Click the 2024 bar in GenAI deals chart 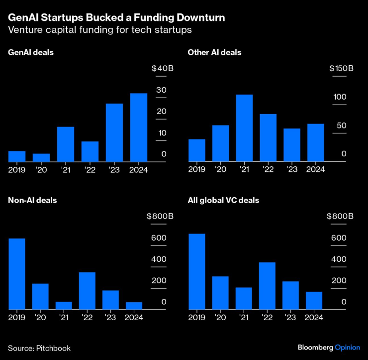click(x=139, y=127)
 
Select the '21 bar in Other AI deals click(x=244, y=128)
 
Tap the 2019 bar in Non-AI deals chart click(x=17, y=274)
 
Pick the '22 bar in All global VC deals click(x=268, y=286)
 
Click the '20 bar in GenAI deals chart click(x=41, y=158)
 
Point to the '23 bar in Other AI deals click(x=292, y=145)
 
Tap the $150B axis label click(x=341, y=68)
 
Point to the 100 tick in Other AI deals click(x=340, y=97)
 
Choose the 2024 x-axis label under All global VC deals click(x=315, y=317)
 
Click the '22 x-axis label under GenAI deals click(x=90, y=169)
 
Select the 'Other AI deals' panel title click(x=214, y=52)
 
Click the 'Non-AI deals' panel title click(x=32, y=200)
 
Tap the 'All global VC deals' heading click(x=223, y=200)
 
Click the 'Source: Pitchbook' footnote click(x=39, y=348)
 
